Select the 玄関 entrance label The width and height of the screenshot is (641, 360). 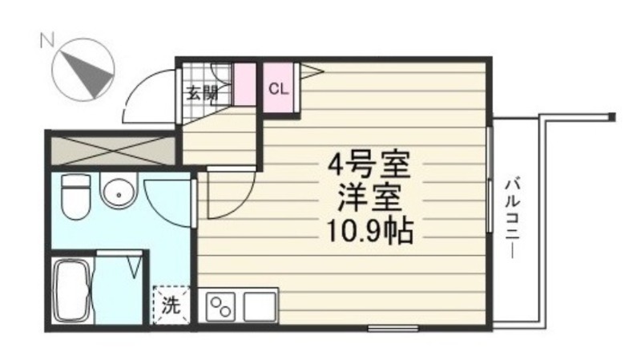click(x=202, y=92)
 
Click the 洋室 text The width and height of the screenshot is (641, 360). click(x=369, y=198)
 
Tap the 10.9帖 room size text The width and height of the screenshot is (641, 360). click(x=369, y=231)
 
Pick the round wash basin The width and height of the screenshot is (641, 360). click(x=116, y=192)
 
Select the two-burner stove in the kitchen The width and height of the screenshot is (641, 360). click(x=222, y=305)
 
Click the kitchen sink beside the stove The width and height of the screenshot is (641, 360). click(x=260, y=305)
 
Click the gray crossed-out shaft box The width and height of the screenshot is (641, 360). click(x=111, y=149)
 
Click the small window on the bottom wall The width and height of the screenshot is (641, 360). click(x=393, y=327)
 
